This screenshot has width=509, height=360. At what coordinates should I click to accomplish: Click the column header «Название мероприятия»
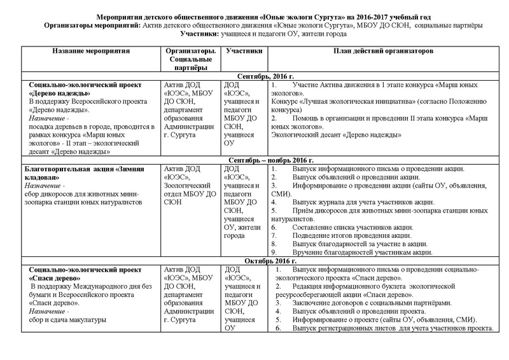[x=91, y=49]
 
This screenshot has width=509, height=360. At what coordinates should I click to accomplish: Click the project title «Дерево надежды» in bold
[x=61, y=93]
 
